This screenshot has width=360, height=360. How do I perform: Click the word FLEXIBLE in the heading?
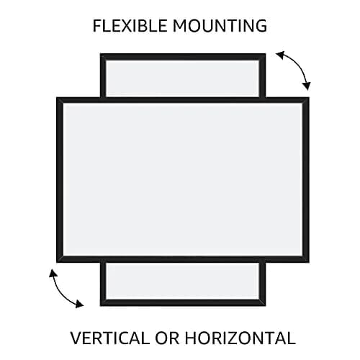point(130,26)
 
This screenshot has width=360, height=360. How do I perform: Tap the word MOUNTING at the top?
point(220,26)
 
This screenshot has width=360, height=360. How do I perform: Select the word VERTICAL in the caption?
point(109,338)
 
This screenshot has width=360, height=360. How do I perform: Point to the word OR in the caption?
point(167,338)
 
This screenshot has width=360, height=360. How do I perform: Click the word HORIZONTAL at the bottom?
point(240,338)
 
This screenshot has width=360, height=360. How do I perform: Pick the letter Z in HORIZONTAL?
point(241,338)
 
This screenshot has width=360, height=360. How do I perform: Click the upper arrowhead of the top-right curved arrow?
point(280,55)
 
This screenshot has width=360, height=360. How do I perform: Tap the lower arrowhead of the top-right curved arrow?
point(307,86)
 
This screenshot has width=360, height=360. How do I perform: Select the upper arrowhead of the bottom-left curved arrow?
point(53,273)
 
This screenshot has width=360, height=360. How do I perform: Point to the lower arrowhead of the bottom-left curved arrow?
point(79,304)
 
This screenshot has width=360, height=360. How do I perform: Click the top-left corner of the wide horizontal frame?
point(57,97)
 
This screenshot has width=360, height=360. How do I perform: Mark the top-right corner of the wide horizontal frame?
point(309,97)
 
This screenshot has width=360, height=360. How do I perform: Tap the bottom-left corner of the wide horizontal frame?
point(57,262)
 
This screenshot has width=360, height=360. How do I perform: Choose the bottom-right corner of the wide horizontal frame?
point(309,262)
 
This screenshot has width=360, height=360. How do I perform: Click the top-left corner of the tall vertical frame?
point(100,53)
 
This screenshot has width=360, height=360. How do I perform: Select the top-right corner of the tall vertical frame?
point(266,53)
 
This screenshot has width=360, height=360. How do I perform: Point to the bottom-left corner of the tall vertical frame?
point(100,306)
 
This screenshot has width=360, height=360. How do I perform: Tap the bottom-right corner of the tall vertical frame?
point(266,306)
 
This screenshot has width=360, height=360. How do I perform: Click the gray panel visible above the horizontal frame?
point(183,78)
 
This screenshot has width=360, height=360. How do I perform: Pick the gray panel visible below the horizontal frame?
point(183,281)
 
